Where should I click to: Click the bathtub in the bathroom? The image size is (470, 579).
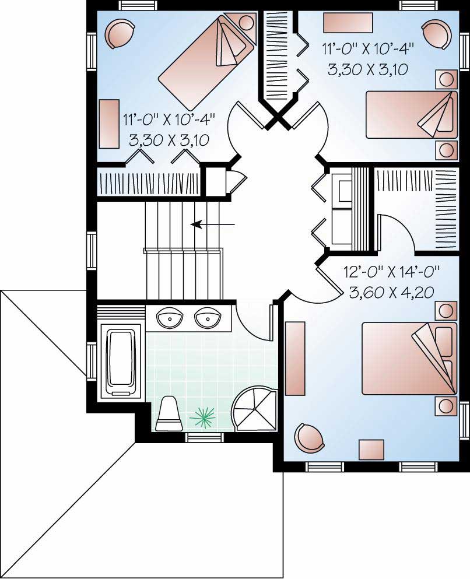(121, 363)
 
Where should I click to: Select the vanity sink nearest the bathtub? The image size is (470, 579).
(170, 318)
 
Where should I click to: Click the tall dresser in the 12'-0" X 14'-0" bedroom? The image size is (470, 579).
(296, 357)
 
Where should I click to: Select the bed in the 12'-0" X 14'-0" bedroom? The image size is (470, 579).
(408, 359)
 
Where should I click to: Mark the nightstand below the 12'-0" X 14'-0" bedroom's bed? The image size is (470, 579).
(446, 405)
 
